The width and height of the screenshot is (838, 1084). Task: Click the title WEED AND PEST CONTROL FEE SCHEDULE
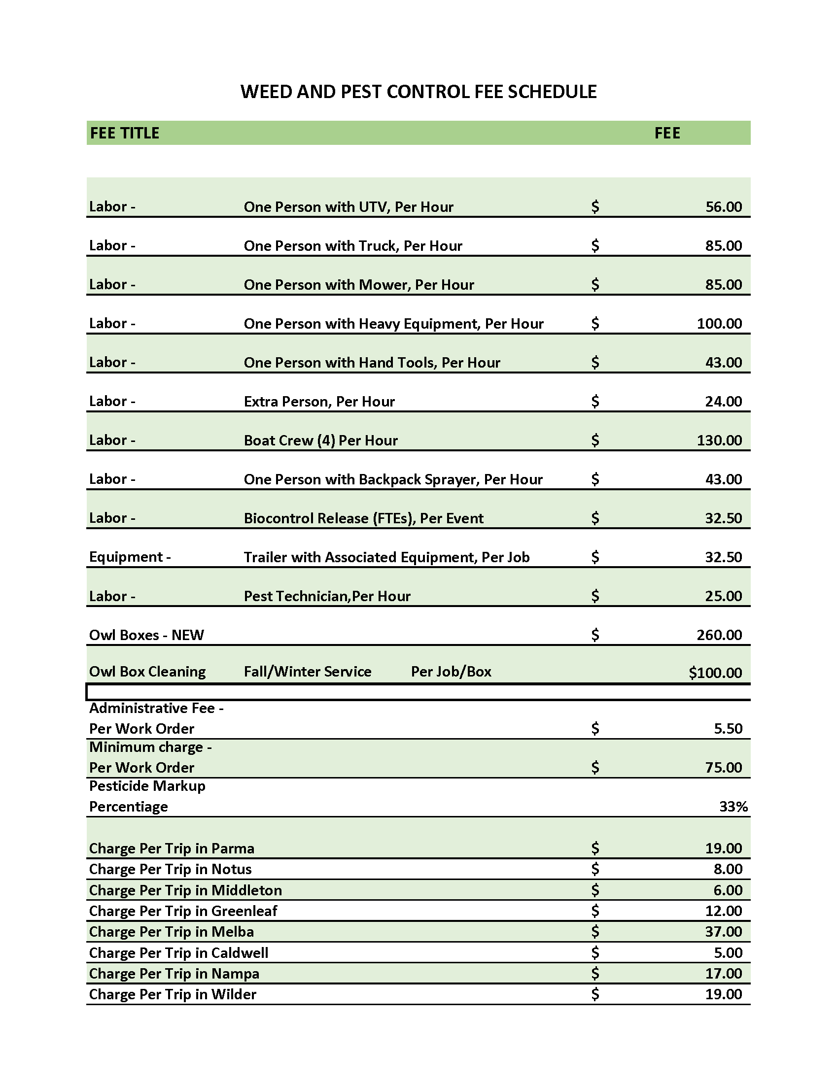point(419,92)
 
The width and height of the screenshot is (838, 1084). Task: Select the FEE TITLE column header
point(125,133)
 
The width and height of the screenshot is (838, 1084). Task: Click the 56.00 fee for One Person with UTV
point(723,207)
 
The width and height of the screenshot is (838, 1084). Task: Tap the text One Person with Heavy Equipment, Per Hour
point(393,324)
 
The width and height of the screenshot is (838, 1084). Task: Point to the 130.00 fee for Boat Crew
point(719,440)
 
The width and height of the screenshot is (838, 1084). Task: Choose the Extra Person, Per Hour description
point(319,402)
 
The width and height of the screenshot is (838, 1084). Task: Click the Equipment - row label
point(130,557)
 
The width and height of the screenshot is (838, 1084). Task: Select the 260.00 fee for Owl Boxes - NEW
point(719,635)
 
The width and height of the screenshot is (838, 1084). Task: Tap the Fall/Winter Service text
point(307,672)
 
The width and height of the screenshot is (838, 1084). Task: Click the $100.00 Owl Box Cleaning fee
point(715,673)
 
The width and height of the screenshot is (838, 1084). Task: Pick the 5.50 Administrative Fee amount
point(728,729)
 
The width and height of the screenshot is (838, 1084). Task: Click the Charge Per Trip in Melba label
point(171,932)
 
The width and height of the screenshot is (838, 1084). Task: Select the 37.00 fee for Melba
point(723,932)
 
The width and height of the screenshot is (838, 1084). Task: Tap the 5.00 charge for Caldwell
point(728,952)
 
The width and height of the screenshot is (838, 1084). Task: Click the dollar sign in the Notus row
point(595,869)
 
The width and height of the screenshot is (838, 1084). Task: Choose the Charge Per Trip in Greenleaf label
point(183,911)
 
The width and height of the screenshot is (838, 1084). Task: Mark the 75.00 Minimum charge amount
point(723,767)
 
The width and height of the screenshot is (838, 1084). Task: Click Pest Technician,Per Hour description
point(327,596)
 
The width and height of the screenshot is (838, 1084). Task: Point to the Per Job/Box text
point(451,672)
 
